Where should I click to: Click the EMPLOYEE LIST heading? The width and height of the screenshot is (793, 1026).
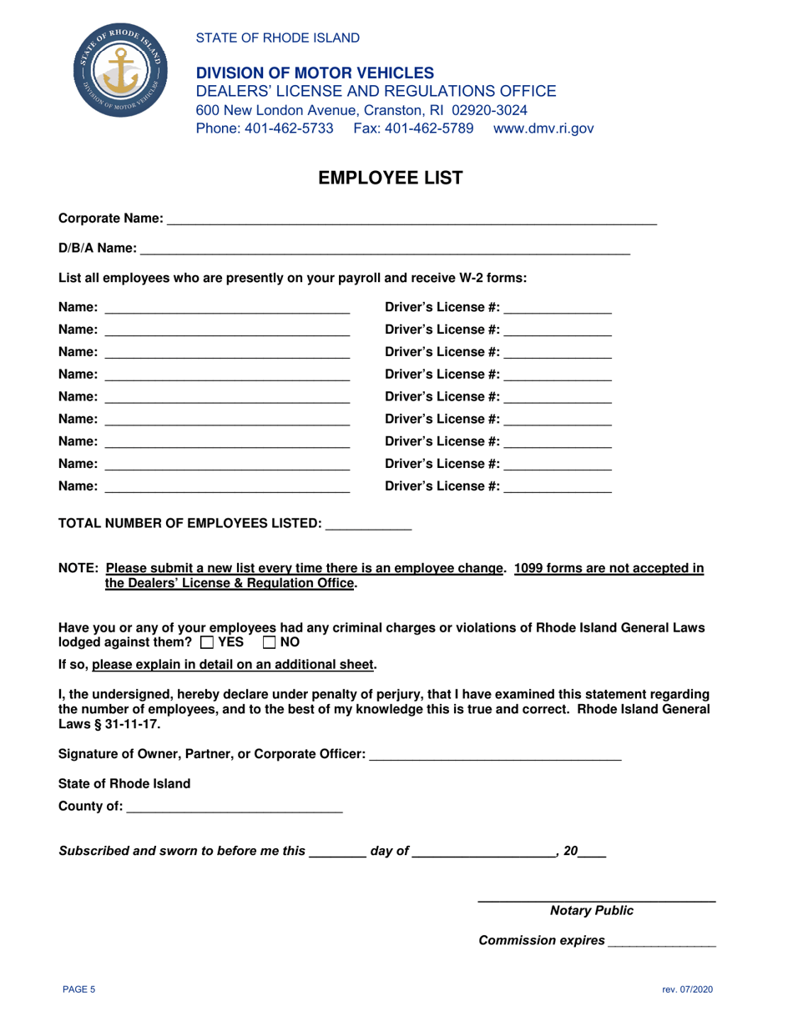click(396, 178)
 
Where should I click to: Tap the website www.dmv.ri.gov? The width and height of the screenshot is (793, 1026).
click(543, 128)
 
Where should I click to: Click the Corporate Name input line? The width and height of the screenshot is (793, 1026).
click(412, 219)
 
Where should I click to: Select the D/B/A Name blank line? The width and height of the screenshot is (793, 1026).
click(385, 248)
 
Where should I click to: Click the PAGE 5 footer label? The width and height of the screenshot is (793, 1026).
click(80, 989)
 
